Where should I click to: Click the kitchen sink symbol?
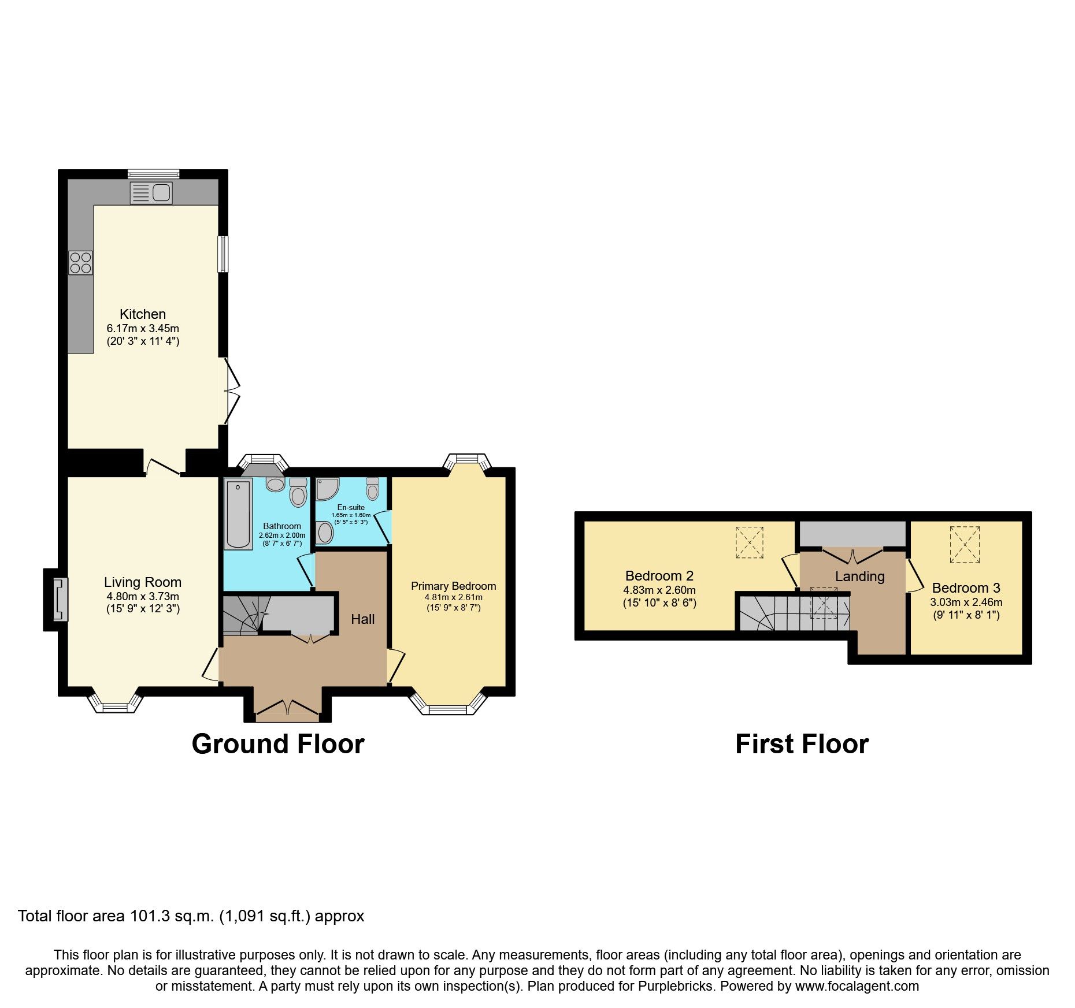[x=151, y=192]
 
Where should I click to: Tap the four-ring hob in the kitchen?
[x=80, y=263]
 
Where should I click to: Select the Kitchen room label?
[x=143, y=314]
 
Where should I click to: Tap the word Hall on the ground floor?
[x=362, y=619]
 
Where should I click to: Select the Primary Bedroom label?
[x=453, y=586]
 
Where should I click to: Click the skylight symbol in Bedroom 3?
[x=965, y=544]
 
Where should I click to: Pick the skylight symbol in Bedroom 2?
[x=750, y=542]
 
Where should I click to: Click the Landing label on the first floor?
[x=859, y=576]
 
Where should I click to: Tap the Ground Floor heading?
[x=278, y=744]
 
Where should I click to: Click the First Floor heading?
[x=802, y=744]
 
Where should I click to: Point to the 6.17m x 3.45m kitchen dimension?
[x=143, y=328]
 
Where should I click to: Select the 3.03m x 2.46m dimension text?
[x=966, y=602]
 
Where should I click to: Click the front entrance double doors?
[x=287, y=708]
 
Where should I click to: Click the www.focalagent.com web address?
[x=857, y=986]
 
